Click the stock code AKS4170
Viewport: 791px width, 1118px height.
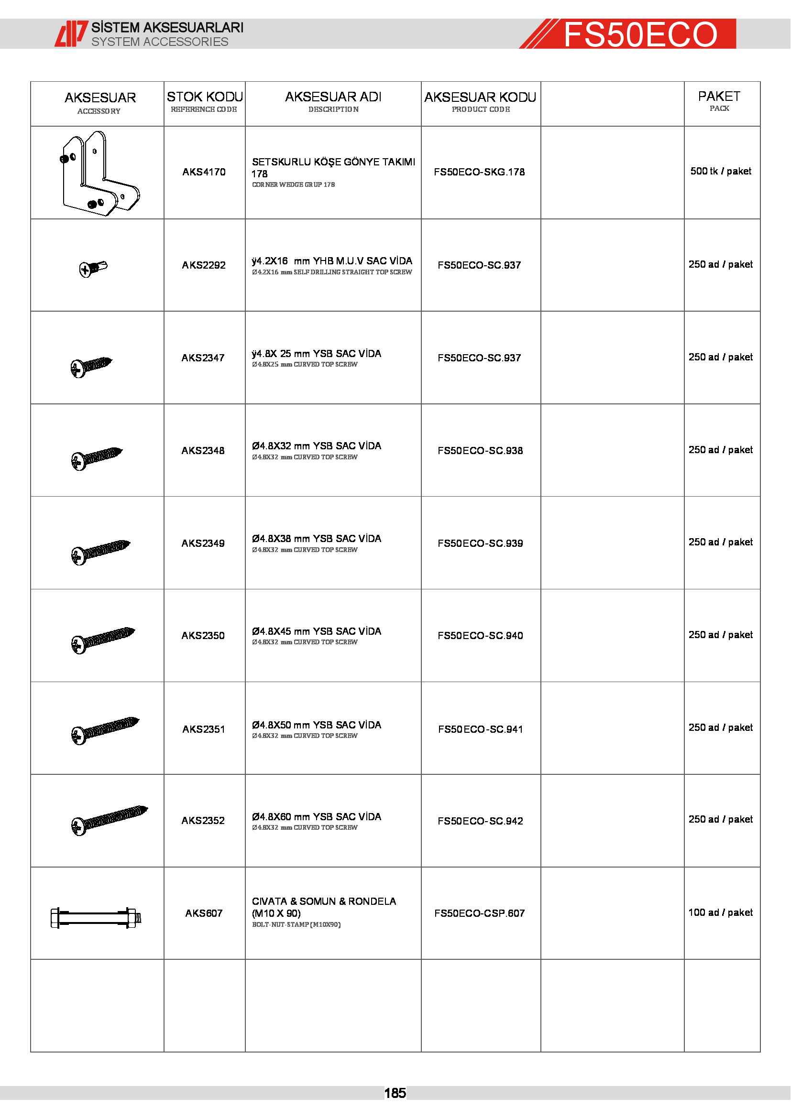tap(204, 172)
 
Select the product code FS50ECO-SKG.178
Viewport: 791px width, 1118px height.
tap(479, 172)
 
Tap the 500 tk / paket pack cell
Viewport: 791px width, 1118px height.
tap(720, 171)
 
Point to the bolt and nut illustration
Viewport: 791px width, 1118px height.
tap(96, 917)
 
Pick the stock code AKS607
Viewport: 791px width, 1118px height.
tap(204, 913)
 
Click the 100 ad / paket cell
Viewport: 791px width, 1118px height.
tap(720, 912)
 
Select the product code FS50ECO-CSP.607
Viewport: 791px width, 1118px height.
tap(479, 913)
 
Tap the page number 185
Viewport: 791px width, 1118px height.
tap(395, 1093)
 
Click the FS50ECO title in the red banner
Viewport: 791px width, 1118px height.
tap(640, 34)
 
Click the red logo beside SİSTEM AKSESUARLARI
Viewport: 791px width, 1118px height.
tap(71, 33)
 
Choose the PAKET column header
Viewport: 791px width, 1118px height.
tap(719, 100)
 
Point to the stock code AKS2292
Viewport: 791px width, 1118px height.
tap(204, 265)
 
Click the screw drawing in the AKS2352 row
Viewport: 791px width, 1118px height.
tap(109, 820)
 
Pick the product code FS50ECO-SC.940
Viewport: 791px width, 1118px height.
tap(480, 635)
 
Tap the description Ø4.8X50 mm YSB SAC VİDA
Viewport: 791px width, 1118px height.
tap(317, 725)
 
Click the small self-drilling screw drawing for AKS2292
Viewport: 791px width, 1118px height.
tap(93, 268)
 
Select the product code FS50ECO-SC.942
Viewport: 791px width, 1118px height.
tap(480, 821)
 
